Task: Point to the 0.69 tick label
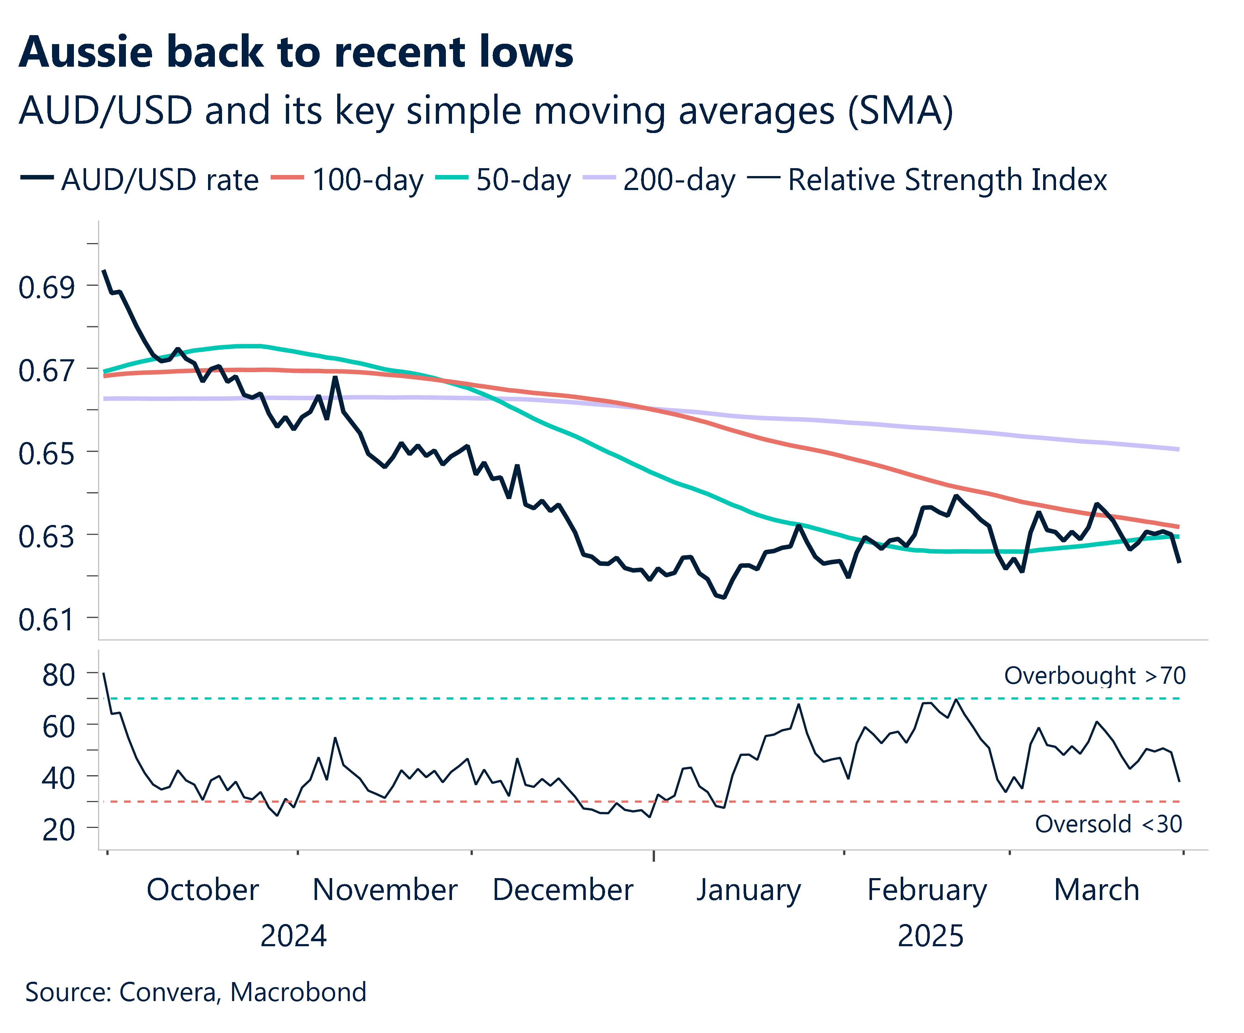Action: [x=46, y=288]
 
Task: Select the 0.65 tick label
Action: [x=46, y=454]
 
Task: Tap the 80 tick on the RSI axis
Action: [x=58, y=675]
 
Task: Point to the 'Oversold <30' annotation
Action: [x=1108, y=824]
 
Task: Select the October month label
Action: [x=203, y=890]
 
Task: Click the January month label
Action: [x=748, y=890]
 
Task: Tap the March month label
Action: [x=1097, y=890]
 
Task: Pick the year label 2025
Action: [x=930, y=936]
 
